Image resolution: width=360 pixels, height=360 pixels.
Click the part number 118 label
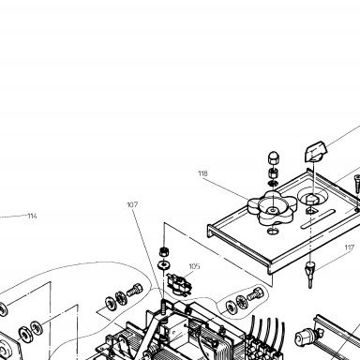pyautogui.click(x=202, y=173)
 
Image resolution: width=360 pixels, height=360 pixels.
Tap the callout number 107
pyautogui.click(x=132, y=204)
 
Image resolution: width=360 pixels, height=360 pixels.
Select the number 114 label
pyautogui.click(x=33, y=216)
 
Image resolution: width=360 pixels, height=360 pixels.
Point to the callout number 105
pyautogui.click(x=194, y=266)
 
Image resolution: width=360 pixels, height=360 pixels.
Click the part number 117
pyautogui.click(x=350, y=247)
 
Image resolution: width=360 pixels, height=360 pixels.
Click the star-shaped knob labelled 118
pyautogui.click(x=272, y=208)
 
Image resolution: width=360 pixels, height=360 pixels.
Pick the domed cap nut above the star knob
pyautogui.click(x=274, y=158)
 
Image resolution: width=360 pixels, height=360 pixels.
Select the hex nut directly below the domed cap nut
pyautogui.click(x=274, y=172)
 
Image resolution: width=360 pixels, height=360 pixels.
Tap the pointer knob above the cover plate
pyautogui.click(x=316, y=151)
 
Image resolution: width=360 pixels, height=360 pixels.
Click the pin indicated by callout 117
pyautogui.click(x=309, y=275)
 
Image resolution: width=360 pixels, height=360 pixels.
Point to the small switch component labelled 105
pyautogui.click(x=178, y=284)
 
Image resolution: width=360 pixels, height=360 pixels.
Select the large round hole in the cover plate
pyautogui.click(x=313, y=196)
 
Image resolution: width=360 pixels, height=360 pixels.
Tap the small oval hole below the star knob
pyautogui.click(x=273, y=232)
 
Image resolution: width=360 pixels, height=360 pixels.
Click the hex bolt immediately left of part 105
pyautogui.click(x=134, y=290)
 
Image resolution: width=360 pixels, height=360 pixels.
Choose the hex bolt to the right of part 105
pyautogui.click(x=255, y=293)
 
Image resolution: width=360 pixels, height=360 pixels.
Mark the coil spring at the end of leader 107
pyautogui.click(x=163, y=306)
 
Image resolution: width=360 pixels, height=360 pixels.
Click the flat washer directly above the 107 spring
pyautogui.click(x=163, y=265)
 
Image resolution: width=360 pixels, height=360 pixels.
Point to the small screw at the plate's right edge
pyautogui.click(x=357, y=183)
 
